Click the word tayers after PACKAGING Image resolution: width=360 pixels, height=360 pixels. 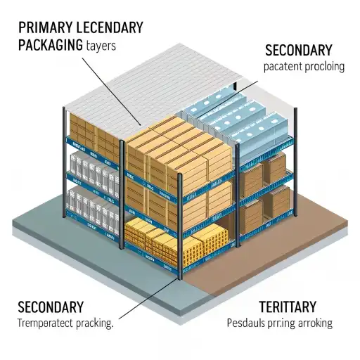pyautogui.click(x=99, y=46)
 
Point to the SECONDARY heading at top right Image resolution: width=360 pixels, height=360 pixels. pyautogui.click(x=298, y=51)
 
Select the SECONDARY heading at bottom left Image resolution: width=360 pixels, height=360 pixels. pyautogui.click(x=51, y=307)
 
